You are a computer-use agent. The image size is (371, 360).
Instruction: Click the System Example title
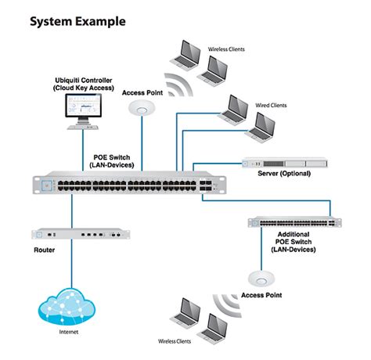77,21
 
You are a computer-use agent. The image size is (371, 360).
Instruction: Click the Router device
79,233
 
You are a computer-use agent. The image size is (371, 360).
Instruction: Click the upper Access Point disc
142,109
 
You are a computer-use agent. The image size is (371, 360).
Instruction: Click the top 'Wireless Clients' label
225,49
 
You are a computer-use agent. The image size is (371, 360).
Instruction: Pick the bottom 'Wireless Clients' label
175,341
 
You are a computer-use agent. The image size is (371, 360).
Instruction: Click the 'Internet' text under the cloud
70,333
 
